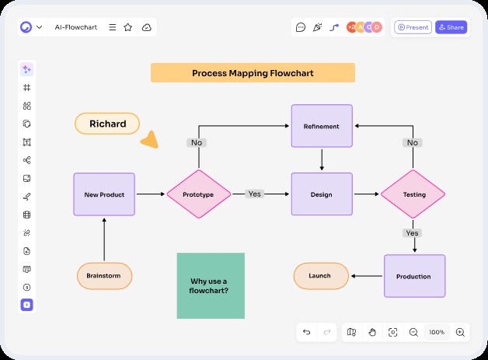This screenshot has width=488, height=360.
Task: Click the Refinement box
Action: coord(322,126)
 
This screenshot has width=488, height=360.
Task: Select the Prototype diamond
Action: coord(199,194)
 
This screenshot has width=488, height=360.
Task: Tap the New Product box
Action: coord(104,194)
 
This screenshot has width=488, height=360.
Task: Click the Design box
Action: coord(322,194)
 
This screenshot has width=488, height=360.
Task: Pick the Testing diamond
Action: coord(413,194)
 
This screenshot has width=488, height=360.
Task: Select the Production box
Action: coord(414,276)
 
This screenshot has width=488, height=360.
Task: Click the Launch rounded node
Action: coord(320,276)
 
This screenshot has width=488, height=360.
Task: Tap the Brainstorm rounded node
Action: coord(104,275)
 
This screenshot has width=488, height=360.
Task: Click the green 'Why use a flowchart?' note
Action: coord(211,285)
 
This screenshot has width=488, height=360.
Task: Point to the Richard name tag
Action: coord(107,124)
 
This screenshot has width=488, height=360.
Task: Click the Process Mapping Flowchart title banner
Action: coord(253,73)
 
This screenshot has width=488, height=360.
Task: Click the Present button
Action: coord(413,27)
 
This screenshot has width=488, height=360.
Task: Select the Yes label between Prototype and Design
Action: coord(254,194)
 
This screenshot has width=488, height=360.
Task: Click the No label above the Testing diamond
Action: coord(412,142)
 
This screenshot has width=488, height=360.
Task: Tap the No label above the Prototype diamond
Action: coord(196,142)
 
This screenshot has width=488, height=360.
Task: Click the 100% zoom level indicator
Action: coord(437,332)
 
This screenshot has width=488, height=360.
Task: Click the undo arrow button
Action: coord(307,332)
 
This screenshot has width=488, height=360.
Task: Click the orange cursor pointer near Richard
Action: coord(150,140)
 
